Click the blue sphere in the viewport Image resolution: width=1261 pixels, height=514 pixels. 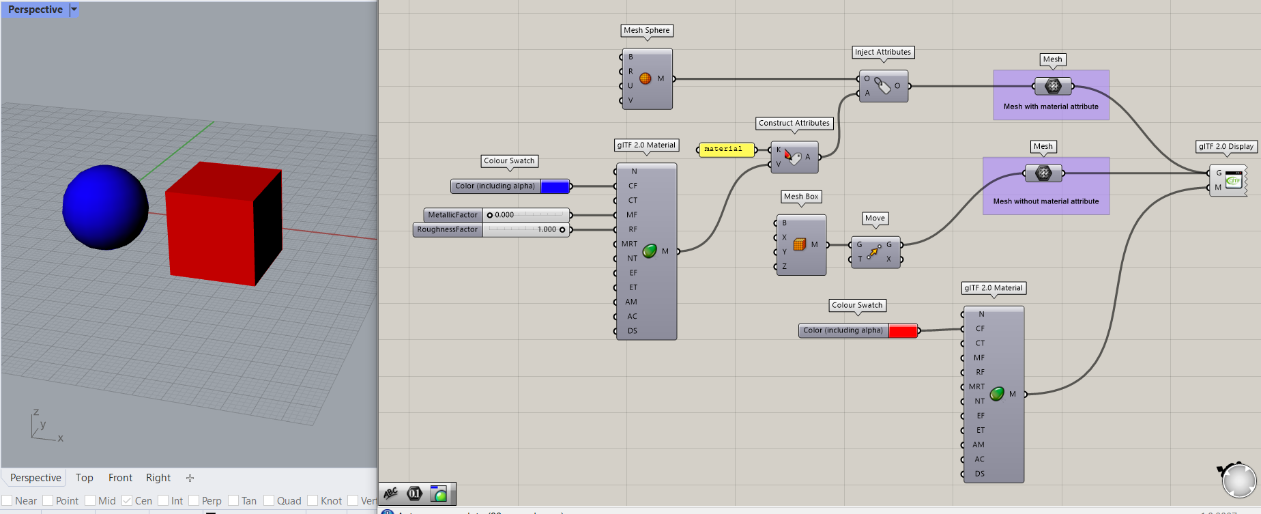(105, 207)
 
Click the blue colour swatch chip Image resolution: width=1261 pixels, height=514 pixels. (555, 186)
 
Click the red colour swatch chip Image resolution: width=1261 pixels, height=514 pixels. (903, 331)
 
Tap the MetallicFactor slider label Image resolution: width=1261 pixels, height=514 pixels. (452, 215)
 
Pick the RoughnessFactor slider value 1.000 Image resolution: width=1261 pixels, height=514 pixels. (547, 230)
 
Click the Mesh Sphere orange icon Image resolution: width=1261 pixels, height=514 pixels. (645, 78)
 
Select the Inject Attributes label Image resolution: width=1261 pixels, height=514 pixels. (883, 53)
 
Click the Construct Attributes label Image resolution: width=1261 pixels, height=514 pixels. (794, 124)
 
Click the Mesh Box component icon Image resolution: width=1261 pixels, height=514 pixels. (800, 244)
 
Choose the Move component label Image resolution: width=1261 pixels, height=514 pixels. (875, 218)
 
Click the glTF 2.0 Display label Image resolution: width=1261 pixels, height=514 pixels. (1226, 147)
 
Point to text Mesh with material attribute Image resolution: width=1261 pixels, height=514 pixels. (1051, 107)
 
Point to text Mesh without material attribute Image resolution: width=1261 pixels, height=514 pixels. (1046, 202)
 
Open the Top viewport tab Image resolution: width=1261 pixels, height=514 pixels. (85, 478)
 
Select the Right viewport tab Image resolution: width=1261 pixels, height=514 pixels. (158, 478)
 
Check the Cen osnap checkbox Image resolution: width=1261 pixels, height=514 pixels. (127, 500)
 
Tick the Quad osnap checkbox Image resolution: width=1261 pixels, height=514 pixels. (269, 500)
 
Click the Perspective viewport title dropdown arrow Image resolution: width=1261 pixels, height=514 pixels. (74, 10)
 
